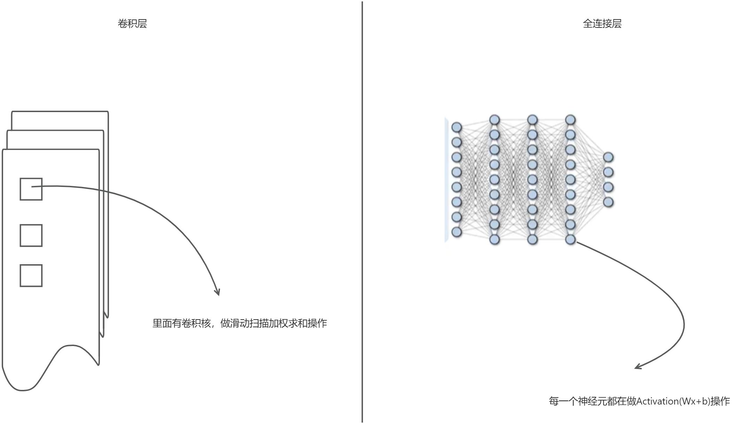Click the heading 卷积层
coord(132,24)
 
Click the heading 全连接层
coord(602,24)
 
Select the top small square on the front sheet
coord(31,189)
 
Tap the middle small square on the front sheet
coord(31,236)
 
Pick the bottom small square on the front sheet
coord(31,276)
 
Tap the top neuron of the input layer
coord(456,127)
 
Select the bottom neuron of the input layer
coord(456,232)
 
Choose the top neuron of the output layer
coord(608,157)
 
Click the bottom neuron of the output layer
coord(608,202)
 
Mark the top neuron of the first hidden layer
coord(495,120)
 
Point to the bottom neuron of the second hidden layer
coord(532,240)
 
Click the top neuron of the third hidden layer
coord(570,120)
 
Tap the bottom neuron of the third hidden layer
coord(570,240)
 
